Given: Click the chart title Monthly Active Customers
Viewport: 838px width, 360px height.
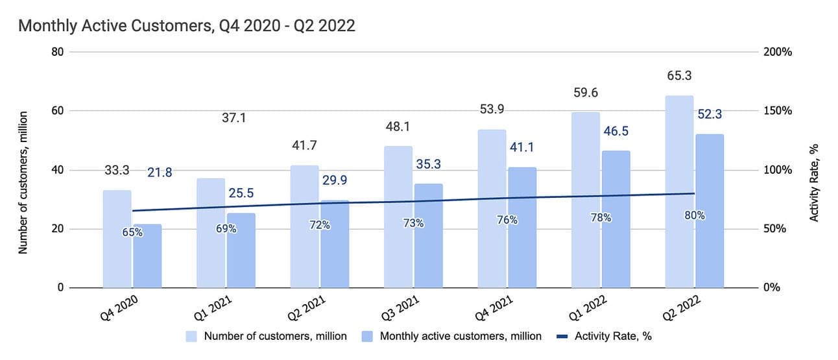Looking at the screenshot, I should point(187,27).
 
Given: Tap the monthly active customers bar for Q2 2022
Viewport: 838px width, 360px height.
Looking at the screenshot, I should point(709,211).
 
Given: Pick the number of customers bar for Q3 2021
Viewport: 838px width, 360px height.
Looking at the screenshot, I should point(398,217).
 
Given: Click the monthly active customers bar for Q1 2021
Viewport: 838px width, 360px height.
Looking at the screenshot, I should point(241,250).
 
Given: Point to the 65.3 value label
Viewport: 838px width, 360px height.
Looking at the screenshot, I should point(678,76).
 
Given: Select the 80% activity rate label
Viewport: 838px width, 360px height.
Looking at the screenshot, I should point(694,215).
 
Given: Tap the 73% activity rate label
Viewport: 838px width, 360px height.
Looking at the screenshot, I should point(413,223).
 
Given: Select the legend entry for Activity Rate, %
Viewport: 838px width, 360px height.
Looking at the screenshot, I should point(607,336).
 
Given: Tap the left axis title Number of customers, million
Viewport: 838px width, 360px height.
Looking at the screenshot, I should point(23,182).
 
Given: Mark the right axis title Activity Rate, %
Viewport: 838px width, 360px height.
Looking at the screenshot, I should point(814,182).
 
